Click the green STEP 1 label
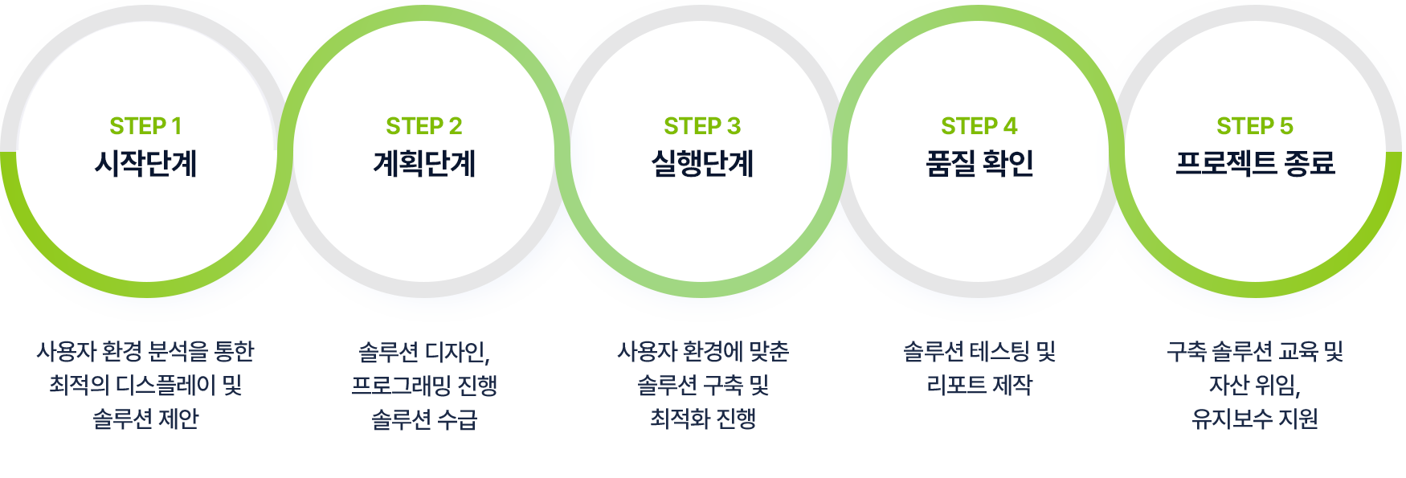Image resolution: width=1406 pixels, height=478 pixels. [145, 126]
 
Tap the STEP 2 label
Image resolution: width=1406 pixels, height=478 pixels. [424, 126]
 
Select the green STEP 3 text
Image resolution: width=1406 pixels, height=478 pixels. [702, 126]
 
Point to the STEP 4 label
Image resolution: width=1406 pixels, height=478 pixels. [979, 126]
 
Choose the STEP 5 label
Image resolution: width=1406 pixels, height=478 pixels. [1255, 126]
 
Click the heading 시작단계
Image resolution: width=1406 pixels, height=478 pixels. [146, 164]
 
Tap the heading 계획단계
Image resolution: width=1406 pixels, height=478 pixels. [424, 164]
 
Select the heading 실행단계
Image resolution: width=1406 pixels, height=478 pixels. [702, 164]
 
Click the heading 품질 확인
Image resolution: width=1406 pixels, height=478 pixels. [979, 164]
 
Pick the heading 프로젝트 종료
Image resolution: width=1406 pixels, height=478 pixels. [1255, 164]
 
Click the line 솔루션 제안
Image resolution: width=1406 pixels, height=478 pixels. [145, 419]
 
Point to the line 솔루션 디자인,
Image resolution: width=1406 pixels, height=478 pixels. [424, 352]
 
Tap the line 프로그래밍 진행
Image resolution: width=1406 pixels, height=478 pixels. [424, 386]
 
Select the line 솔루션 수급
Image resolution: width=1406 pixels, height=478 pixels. [424, 419]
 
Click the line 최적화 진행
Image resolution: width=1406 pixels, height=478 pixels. [703, 419]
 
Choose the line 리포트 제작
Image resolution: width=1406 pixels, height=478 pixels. [979, 386]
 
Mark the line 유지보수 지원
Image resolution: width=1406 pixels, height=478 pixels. [1255, 419]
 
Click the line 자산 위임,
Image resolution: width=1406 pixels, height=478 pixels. [1255, 386]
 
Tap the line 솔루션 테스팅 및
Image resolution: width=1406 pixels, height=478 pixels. [979, 352]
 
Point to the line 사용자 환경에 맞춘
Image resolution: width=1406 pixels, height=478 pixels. [703, 352]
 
